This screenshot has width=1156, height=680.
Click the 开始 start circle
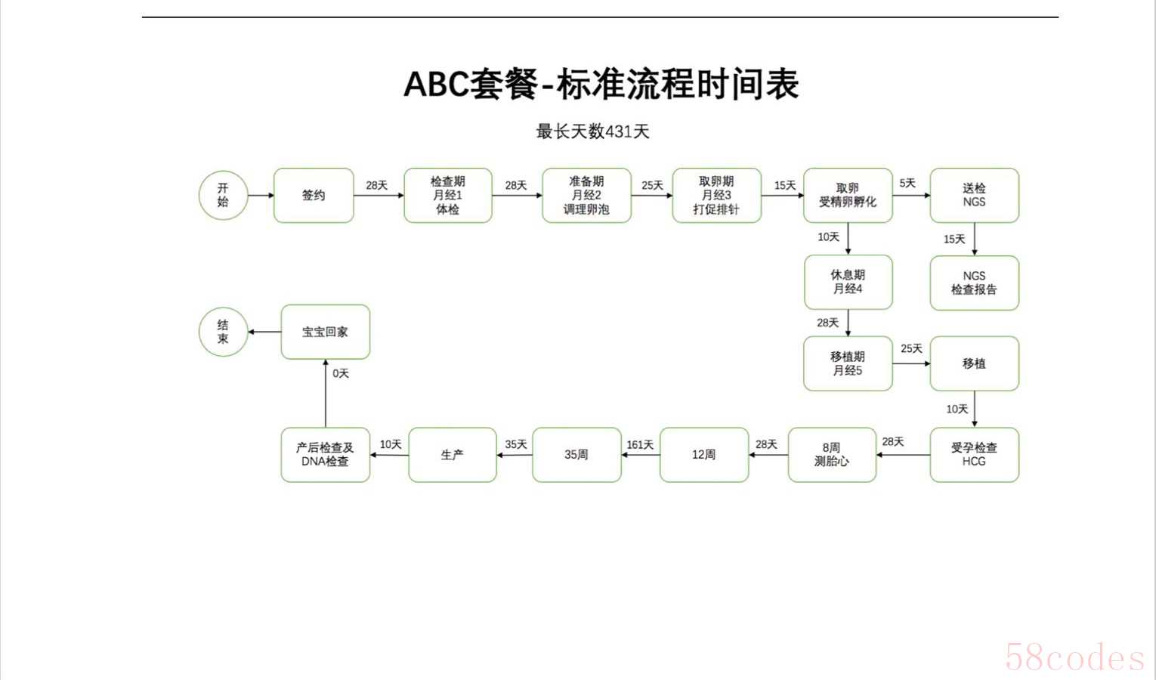pos(223,196)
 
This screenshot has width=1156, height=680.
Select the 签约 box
pos(314,196)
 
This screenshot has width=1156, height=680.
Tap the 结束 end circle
pos(223,332)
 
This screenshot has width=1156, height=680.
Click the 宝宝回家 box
pos(326,332)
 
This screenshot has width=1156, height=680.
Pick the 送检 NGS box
pos(974,196)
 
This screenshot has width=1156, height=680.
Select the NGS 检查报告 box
pos(974,283)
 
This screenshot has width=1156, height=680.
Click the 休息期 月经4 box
pos(848,282)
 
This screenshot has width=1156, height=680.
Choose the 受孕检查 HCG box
pos(974,454)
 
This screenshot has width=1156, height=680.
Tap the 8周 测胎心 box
pos(832,454)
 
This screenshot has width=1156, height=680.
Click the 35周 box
pos(576,454)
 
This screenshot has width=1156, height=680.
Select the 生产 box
pos(452,454)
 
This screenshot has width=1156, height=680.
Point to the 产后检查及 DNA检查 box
pos(326,454)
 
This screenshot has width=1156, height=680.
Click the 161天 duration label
pos(640,445)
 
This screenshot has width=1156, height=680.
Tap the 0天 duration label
pos(341,373)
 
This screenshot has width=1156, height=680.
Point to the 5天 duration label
pos(907,184)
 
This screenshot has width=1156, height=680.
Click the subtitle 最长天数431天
pos(592,131)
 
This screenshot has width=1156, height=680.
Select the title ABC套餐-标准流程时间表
pos(601,84)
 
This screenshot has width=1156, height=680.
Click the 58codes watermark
pos(1074,657)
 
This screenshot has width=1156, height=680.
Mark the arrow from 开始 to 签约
pos(261,196)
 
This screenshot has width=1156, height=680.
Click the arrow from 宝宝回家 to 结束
pos(264,332)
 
